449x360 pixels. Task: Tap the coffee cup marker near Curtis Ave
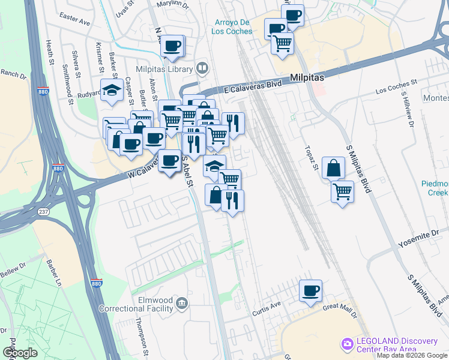click(x=310, y=291)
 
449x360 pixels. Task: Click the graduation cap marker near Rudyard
click(x=112, y=90)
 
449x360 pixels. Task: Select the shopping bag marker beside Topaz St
click(x=333, y=168)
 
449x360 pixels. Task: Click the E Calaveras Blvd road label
click(x=252, y=86)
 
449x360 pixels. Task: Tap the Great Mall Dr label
click(x=340, y=308)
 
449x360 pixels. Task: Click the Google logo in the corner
click(x=20, y=353)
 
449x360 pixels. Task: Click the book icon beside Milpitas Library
click(x=202, y=68)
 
